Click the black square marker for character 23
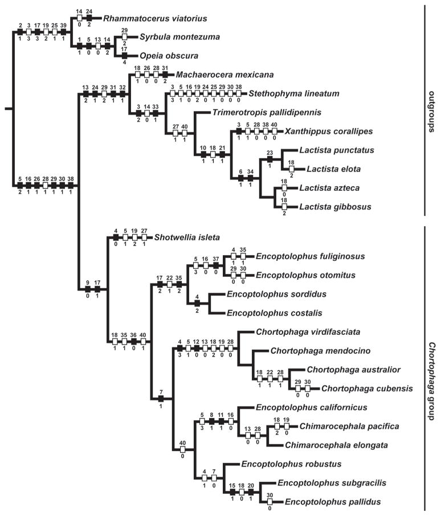click(x=269, y=159)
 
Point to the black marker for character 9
click(x=88, y=289)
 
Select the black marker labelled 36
click(x=133, y=341)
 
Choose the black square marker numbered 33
click(x=155, y=113)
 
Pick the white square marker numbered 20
click(x=251, y=492)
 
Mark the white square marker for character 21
click(x=223, y=154)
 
